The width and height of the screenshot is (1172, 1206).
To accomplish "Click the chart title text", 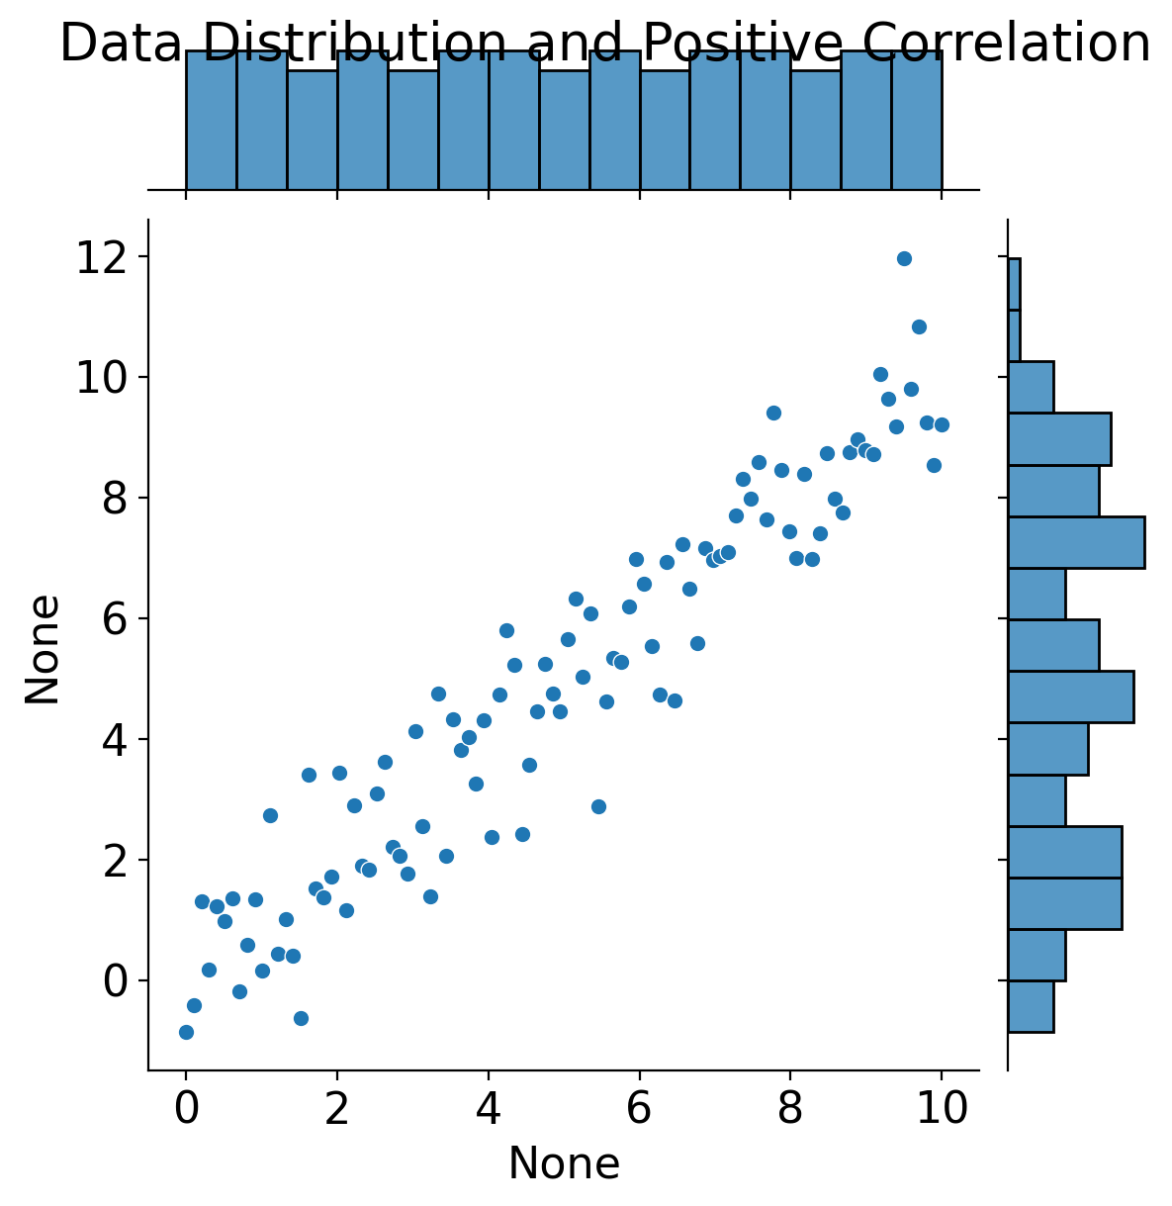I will pos(604,44).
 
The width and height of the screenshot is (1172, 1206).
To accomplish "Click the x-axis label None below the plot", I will pos(564,1164).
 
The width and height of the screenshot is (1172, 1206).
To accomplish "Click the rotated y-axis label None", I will pos(44,649).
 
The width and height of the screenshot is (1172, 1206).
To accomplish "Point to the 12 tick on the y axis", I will pos(101,257).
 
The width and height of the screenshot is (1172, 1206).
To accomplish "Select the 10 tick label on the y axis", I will pos(101,378).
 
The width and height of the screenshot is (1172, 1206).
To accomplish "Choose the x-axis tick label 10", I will pos(942,1110).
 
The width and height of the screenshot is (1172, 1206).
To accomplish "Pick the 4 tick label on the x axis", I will pos(489,1110).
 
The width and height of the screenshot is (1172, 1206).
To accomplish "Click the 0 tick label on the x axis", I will pos(186,1110).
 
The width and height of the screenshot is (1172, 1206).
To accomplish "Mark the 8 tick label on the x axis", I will pos(790,1110).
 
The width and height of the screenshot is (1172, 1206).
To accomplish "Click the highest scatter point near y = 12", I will pos(904,258).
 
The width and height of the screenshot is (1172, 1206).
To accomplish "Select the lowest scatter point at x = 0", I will pos(186,1032).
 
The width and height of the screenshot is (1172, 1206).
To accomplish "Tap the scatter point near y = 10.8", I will pos(919,326).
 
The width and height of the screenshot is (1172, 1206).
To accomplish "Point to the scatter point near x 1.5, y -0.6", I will pos(301,1018).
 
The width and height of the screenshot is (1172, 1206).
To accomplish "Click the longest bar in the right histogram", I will pos(1076,542).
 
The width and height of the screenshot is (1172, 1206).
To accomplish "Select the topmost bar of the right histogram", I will pos(1014,284).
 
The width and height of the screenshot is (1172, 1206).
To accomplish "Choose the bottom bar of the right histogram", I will pos(1031,1006).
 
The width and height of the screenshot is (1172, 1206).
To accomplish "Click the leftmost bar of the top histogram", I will pos(211,120).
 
